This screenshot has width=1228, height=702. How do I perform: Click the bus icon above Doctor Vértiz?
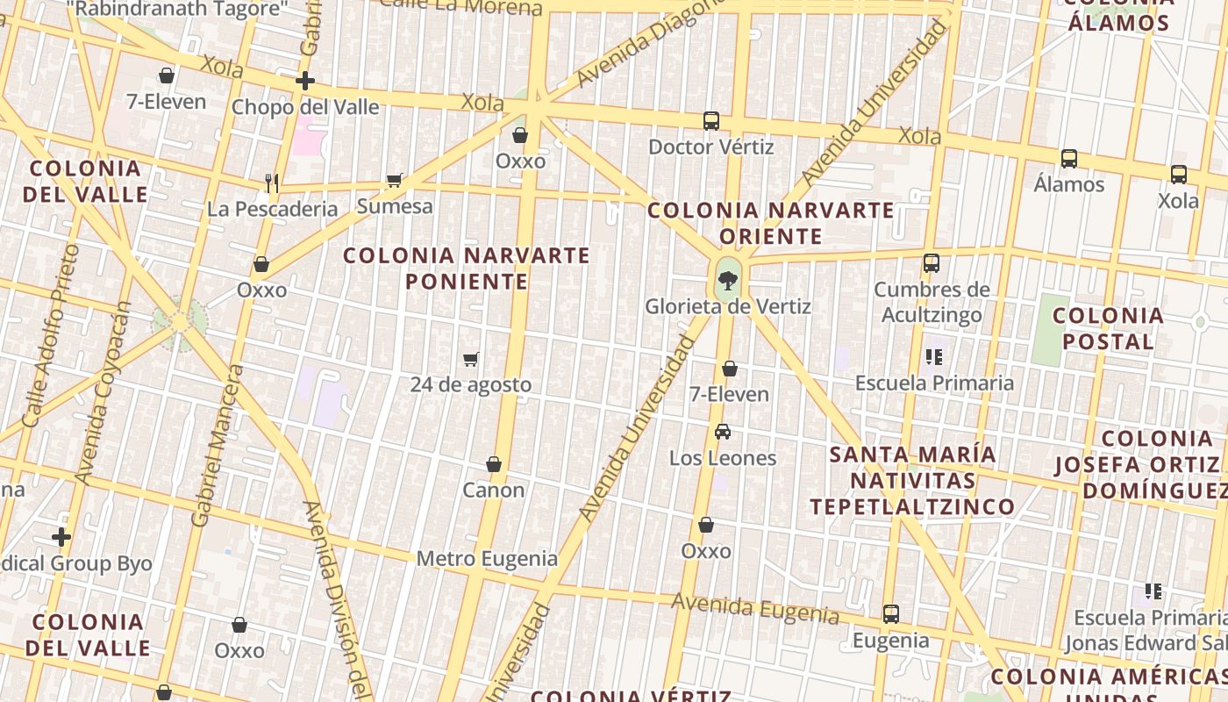[x=711, y=121]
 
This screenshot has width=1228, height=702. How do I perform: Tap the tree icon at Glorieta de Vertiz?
[x=727, y=282]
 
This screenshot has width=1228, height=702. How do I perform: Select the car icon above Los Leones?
[x=723, y=432]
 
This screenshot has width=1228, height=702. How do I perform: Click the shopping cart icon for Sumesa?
[x=395, y=181]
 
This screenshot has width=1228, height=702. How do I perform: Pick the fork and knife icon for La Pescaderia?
[x=272, y=183]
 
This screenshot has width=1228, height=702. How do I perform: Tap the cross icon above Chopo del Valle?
[x=305, y=82]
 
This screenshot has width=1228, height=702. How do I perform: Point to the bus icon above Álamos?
[x=1069, y=159]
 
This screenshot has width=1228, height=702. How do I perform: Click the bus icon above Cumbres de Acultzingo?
[x=932, y=263]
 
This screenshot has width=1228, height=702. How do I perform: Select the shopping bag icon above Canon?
[x=494, y=464]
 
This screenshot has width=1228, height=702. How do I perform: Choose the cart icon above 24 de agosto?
[x=471, y=359]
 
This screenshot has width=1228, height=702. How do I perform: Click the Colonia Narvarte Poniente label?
[x=467, y=269]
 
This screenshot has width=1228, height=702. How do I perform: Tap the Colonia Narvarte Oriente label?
[x=771, y=223]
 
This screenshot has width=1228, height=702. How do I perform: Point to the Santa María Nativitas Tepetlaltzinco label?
[x=912, y=480]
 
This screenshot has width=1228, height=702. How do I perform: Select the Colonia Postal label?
[x=1109, y=328]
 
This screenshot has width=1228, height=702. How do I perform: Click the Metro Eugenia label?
[x=487, y=558]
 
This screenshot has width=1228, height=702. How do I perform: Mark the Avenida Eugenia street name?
[x=755, y=607]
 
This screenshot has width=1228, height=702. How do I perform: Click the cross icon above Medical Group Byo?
[x=61, y=537]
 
